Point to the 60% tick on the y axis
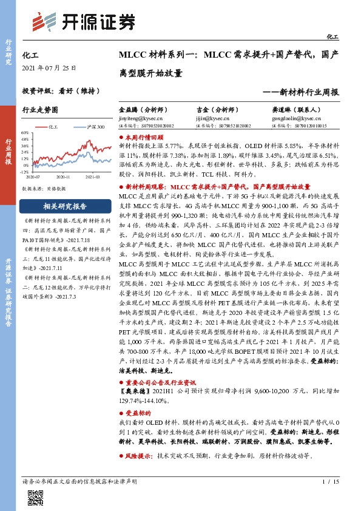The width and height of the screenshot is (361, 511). [x=25, y=132]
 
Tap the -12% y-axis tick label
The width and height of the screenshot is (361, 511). [x=24, y=172]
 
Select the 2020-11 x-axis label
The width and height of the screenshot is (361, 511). [x=63, y=177]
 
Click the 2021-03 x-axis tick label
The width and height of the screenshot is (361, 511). [x=93, y=177]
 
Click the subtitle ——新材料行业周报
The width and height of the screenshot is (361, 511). [x=300, y=92]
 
